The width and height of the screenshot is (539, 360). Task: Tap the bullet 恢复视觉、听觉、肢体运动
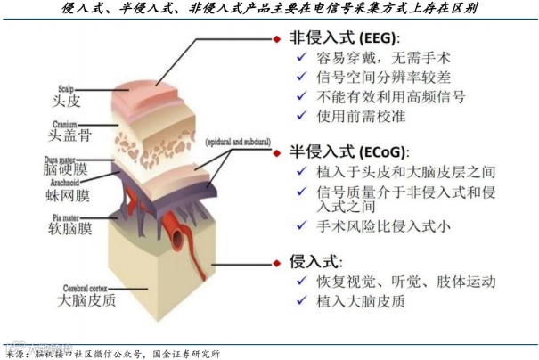pos(406,282)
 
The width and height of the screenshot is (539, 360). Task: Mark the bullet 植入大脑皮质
pos(361,301)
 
